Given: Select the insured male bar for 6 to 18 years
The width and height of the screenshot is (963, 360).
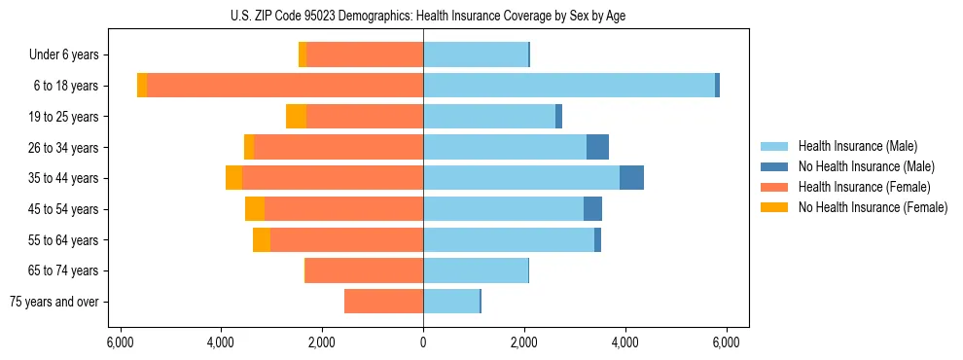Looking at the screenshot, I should tap(569, 86).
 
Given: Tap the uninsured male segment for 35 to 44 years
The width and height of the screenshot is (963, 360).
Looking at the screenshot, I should tap(631, 178).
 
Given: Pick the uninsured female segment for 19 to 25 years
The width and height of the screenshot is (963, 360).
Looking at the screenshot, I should tap(296, 117).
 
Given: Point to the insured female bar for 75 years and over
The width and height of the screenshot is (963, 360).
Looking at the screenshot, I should tap(383, 302).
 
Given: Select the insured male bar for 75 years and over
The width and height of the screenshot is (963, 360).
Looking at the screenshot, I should tap(451, 302).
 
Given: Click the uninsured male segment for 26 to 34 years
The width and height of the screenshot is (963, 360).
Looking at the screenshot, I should tap(597, 147).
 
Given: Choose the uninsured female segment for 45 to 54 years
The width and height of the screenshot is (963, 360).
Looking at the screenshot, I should tap(255, 209).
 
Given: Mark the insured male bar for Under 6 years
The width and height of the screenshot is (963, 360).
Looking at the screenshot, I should tap(475, 54).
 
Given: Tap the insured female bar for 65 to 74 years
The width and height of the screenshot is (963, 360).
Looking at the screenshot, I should tap(364, 270).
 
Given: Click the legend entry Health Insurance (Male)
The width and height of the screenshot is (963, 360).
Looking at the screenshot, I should tap(857, 146).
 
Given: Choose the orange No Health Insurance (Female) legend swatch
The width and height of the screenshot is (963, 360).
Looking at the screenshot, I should tap(774, 207).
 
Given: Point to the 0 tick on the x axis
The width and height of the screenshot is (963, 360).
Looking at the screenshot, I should tap(423, 342).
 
